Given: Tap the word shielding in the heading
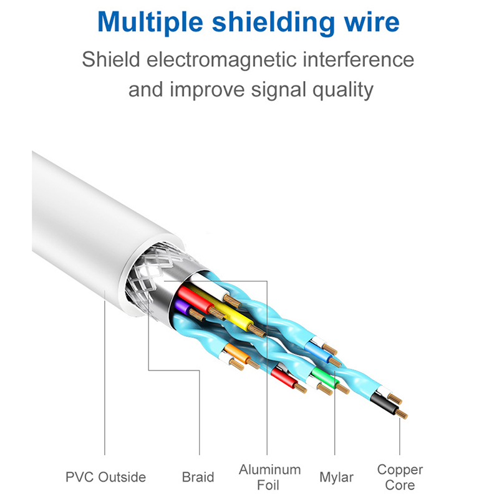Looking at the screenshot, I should pyautogui.click(x=270, y=23).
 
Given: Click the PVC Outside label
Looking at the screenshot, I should pyautogui.click(x=105, y=477).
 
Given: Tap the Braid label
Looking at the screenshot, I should pyautogui.click(x=198, y=477).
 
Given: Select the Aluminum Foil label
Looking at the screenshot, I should pyautogui.click(x=269, y=477).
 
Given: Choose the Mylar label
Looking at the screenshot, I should pyautogui.click(x=336, y=477).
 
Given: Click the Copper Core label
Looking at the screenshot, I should pyautogui.click(x=400, y=477).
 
